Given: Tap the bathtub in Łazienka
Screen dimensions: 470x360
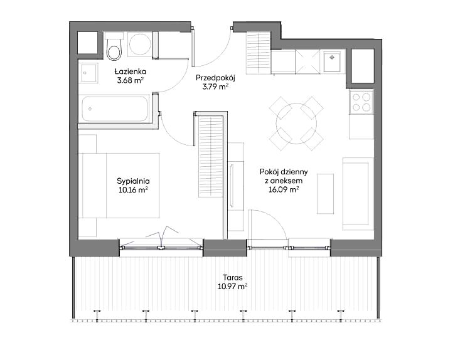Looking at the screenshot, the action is [115, 109].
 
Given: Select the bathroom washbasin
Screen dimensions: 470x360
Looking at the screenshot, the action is [88, 73].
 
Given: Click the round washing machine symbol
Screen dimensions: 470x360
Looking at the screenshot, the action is [139, 45].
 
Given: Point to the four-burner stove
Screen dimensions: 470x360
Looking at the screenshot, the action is [361, 102].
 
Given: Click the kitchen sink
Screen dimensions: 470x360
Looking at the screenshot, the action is [333, 61].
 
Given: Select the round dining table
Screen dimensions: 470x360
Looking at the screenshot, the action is [296, 123].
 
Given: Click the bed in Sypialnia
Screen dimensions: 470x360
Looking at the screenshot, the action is [119, 186].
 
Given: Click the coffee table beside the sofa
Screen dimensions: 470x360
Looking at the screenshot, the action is [326, 194].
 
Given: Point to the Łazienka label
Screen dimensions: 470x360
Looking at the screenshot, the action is [130, 71].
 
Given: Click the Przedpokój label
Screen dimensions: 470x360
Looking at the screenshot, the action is [215, 78].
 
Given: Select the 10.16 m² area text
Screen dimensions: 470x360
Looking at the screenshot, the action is [133, 190].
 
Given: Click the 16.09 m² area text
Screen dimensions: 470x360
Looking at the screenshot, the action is [284, 189].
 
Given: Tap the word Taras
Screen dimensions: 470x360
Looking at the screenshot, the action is [233, 278].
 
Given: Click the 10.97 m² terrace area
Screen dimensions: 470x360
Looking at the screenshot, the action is [233, 287].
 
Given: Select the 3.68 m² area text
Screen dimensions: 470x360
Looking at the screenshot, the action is [131, 80].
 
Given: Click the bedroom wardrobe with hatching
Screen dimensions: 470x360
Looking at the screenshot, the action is [211, 157].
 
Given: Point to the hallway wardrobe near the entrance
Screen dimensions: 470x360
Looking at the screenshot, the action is [259, 53].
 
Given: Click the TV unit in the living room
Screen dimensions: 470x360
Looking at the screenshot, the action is [236, 186].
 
